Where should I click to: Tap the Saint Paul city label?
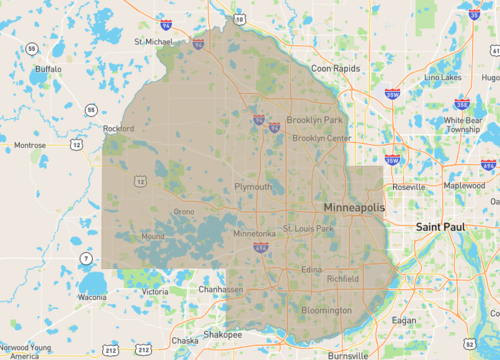[443, 227]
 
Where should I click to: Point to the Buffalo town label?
[48, 69]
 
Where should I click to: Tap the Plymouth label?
[252, 187]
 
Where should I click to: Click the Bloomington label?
[327, 310]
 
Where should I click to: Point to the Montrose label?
[29, 145]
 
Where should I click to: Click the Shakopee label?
[223, 335]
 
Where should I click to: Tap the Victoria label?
[155, 291]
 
